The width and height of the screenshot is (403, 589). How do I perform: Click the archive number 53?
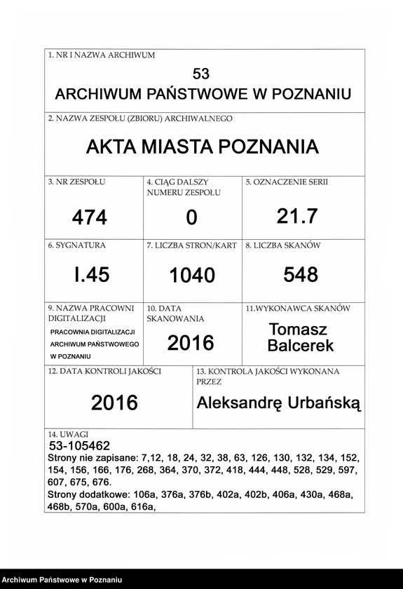[200, 74]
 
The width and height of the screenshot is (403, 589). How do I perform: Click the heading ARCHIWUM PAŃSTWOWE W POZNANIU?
[203, 95]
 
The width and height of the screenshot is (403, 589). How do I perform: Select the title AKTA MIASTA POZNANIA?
[202, 147]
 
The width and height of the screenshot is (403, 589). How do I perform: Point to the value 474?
[90, 218]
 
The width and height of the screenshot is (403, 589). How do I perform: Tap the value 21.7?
[297, 217]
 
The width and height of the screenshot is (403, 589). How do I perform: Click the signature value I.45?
[92, 275]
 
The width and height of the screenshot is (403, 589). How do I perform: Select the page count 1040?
[192, 276]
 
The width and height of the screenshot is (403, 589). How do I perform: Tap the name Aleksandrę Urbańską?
[279, 402]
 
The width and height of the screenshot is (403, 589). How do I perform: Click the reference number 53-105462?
[80, 445]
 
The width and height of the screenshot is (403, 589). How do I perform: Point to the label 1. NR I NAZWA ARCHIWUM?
[102, 55]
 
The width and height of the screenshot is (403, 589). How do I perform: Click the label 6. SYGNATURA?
[77, 246]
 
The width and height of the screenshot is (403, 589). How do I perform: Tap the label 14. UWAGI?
[68, 435]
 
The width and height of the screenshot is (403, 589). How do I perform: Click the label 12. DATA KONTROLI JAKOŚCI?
[104, 371]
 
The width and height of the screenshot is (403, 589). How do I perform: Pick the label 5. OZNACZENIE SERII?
[287, 182]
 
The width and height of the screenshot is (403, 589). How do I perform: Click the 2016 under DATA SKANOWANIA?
[191, 342]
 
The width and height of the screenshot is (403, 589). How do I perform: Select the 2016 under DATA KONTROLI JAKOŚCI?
[114, 402]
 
